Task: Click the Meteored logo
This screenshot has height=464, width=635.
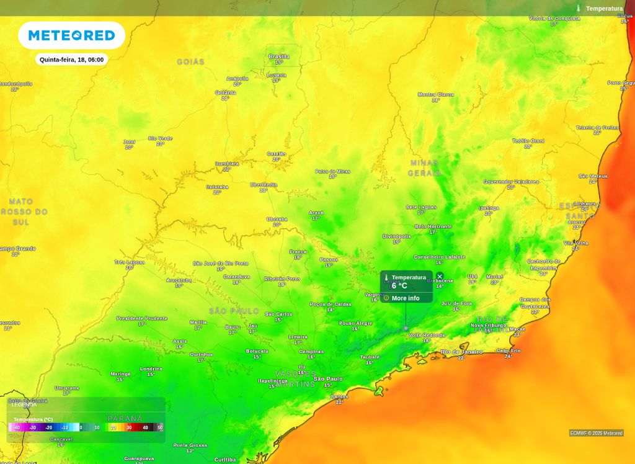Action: [71, 35]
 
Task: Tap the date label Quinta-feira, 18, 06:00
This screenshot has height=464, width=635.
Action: [71, 60]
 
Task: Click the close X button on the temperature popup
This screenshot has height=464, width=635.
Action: [440, 276]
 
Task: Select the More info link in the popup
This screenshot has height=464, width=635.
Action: [405, 298]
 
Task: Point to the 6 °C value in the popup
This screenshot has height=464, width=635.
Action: [399, 286]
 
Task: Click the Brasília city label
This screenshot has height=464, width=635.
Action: [279, 56]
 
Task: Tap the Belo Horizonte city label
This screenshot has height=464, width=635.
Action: [433, 226]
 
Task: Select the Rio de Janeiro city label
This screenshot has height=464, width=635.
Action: [461, 352]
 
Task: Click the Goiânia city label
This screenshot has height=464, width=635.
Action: [225, 92]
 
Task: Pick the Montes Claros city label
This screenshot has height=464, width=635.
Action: [435, 94]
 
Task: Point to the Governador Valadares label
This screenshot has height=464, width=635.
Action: [511, 182]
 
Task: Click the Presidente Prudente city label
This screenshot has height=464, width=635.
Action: [142, 318]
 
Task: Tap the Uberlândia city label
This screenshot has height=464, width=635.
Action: [264, 184]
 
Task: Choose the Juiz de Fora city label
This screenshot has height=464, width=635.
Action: [456, 303]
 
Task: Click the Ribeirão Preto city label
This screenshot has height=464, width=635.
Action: [282, 279]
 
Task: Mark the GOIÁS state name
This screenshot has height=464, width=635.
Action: [190, 62]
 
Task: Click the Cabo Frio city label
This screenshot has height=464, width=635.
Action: [508, 350]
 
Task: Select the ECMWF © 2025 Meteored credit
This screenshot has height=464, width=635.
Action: [596, 433]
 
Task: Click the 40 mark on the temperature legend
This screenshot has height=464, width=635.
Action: [146, 427]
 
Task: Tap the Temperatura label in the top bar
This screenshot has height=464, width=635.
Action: [604, 9]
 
